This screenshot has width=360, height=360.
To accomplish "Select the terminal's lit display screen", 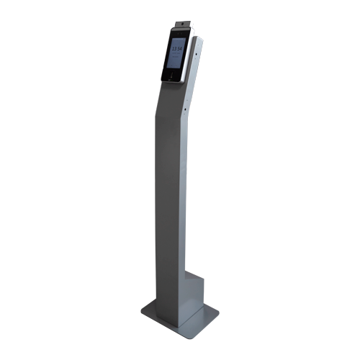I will [x=176, y=53].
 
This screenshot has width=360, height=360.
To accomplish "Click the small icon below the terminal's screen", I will [x=171, y=74].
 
